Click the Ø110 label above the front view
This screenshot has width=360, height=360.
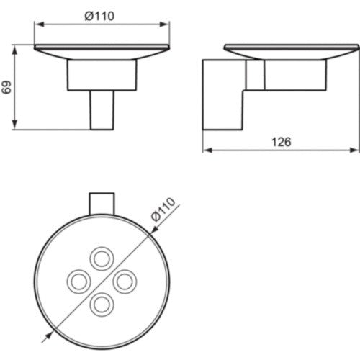pos(99,16)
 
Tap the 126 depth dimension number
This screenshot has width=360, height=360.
pos(282,142)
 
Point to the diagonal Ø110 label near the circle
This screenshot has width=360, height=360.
pos(164,209)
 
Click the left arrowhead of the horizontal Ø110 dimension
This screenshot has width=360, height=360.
pos(40,24)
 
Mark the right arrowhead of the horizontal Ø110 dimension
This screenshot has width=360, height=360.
pos(165,24)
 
